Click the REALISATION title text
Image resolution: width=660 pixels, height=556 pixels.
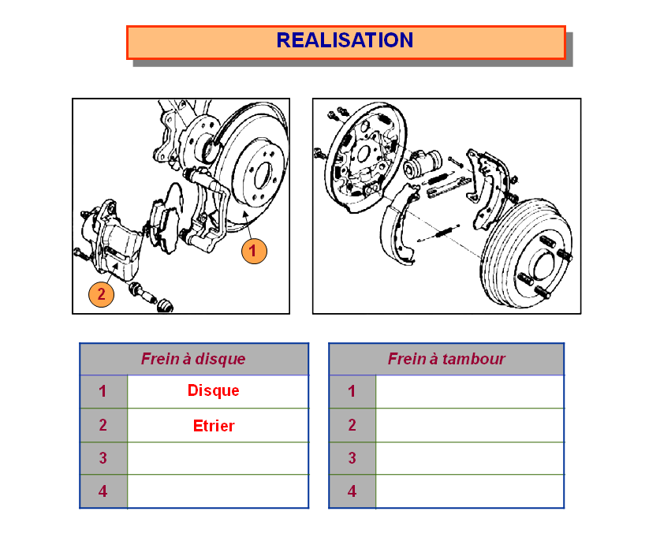click(345, 40)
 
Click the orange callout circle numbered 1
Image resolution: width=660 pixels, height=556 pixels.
click(253, 251)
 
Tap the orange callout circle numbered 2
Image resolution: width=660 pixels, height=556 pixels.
click(101, 294)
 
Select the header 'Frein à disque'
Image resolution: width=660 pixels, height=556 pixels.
click(193, 359)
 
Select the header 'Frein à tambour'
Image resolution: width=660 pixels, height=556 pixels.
click(446, 359)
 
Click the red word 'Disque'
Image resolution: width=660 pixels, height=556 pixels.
click(214, 390)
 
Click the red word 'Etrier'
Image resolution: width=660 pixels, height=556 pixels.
click(214, 426)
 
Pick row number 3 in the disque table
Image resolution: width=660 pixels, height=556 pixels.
click(103, 458)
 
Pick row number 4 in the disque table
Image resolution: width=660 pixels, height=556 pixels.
click(103, 491)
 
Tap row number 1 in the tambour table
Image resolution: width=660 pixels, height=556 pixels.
click(352, 391)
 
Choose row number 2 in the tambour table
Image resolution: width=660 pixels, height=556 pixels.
click(352, 425)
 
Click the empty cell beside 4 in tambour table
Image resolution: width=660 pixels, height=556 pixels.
click(470, 491)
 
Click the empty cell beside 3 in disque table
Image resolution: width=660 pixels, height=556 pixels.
click(218, 458)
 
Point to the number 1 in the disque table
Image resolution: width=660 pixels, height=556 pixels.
click(103, 391)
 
